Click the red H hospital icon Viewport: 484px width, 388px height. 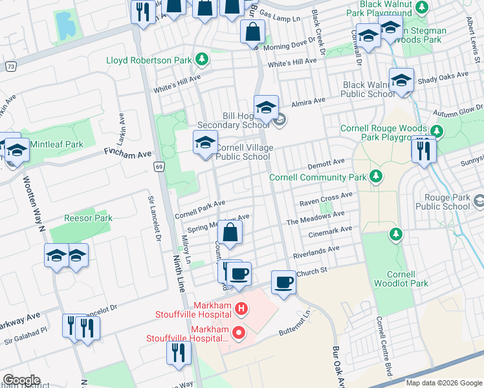coord(241,309)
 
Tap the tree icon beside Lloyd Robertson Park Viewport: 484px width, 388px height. coord(202,60)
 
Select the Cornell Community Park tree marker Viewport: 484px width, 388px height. coord(375,177)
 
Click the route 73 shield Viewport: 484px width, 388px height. coord(10,66)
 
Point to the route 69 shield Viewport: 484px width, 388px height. coord(159,167)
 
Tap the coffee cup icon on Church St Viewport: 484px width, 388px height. coord(283,282)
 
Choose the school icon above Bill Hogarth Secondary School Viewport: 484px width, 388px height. coord(265,107)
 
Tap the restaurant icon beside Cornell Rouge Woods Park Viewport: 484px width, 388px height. coord(424,151)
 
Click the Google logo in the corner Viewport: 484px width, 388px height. coord(21,380)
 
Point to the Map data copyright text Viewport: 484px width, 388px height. coord(444,383)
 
